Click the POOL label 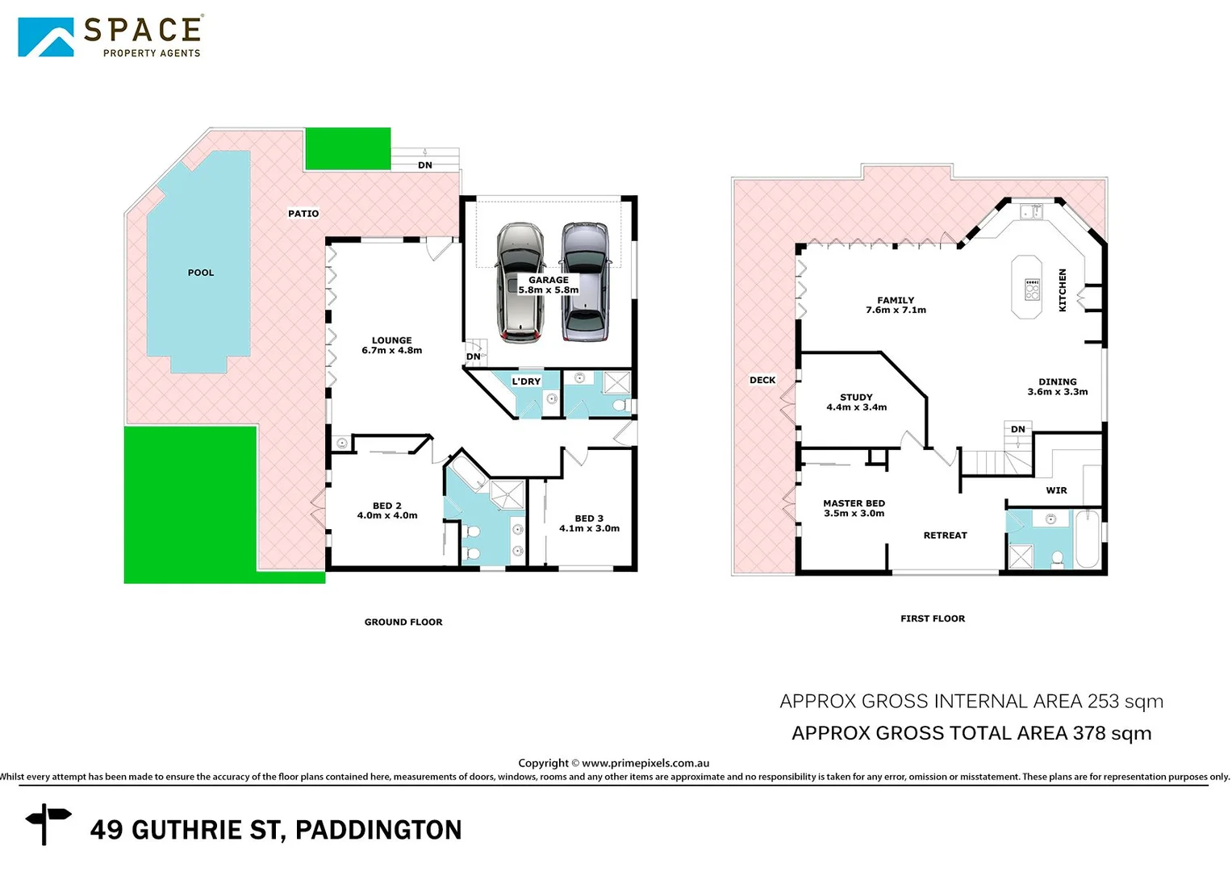coord(201,273)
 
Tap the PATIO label coord(303,214)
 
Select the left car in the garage coord(520,283)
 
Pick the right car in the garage coord(585,281)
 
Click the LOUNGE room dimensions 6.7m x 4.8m coord(391,351)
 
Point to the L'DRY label coord(526,381)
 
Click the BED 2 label coord(386,506)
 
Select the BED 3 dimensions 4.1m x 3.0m coord(589,529)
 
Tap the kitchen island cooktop coord(1032,290)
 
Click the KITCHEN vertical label coord(1063,290)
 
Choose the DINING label coord(1057,381)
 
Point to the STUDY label coord(856,397)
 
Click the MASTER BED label coord(854,503)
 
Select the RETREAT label coord(945,536)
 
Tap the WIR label coord(1056,490)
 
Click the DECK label coord(762,380)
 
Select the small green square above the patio coord(347,148)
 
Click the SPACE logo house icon coord(46,37)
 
